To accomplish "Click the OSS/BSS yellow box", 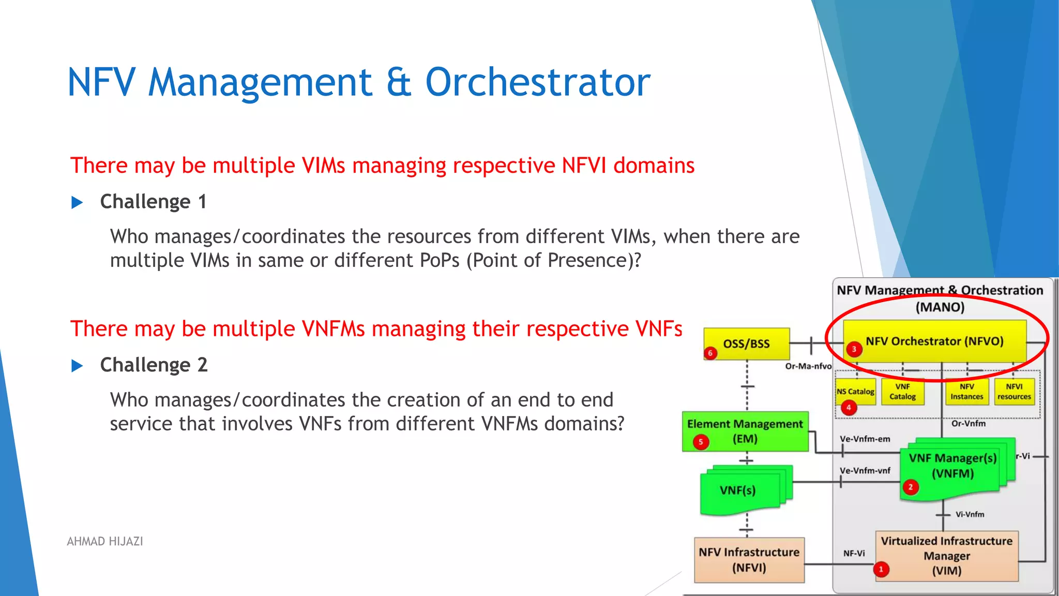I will click(746, 344).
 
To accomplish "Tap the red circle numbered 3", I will click(854, 349).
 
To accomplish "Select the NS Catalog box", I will click(855, 392).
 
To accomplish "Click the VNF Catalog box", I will click(902, 392).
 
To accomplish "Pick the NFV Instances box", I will click(966, 392).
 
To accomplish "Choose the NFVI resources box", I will click(1014, 392).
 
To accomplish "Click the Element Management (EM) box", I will click(745, 431).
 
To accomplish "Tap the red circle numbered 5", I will click(701, 442).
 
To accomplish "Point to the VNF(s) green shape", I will click(738, 490).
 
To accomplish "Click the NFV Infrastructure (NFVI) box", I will click(749, 560).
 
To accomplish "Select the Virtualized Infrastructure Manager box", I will click(946, 556).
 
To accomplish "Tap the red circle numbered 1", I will click(881, 570).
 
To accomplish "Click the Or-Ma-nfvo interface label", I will click(808, 366).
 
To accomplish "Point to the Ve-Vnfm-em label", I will click(865, 439).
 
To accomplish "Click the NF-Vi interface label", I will click(854, 553).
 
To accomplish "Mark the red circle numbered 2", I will click(911, 487).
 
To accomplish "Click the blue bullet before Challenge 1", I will click(77, 202).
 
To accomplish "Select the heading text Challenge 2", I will click(154, 365).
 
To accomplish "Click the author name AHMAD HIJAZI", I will click(105, 541).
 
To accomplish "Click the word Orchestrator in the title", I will click(537, 82).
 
